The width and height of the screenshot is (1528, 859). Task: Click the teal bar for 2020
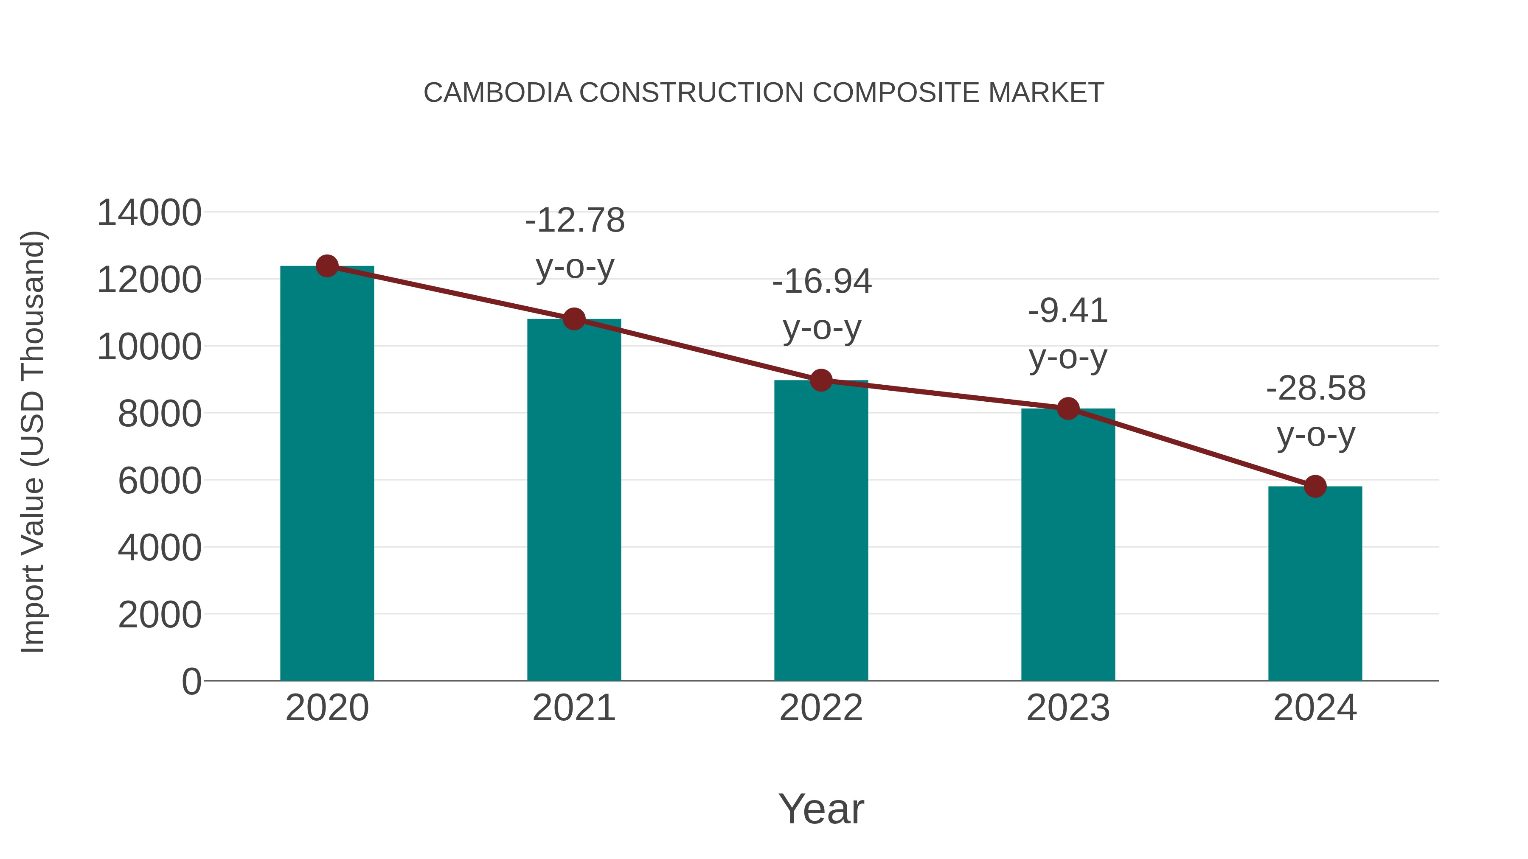[x=327, y=474]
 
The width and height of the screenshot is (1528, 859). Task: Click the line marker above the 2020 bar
[x=327, y=266]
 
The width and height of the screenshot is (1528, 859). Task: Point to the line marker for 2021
[x=573, y=319]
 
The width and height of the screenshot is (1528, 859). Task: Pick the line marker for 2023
[x=1068, y=409]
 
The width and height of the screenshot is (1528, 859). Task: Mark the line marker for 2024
[x=1315, y=486]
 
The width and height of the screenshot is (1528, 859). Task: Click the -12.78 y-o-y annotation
[x=575, y=243]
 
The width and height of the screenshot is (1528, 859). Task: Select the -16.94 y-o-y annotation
[x=822, y=304]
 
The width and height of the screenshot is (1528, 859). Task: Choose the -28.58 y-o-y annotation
[x=1316, y=411]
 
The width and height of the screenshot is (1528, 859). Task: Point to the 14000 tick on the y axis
[x=149, y=213]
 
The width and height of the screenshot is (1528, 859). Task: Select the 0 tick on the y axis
[x=191, y=682]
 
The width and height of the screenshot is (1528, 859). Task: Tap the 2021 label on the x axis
[x=573, y=708]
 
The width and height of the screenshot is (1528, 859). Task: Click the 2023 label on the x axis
[x=1068, y=708]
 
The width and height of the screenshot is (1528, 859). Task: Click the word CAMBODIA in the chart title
[x=498, y=92]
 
